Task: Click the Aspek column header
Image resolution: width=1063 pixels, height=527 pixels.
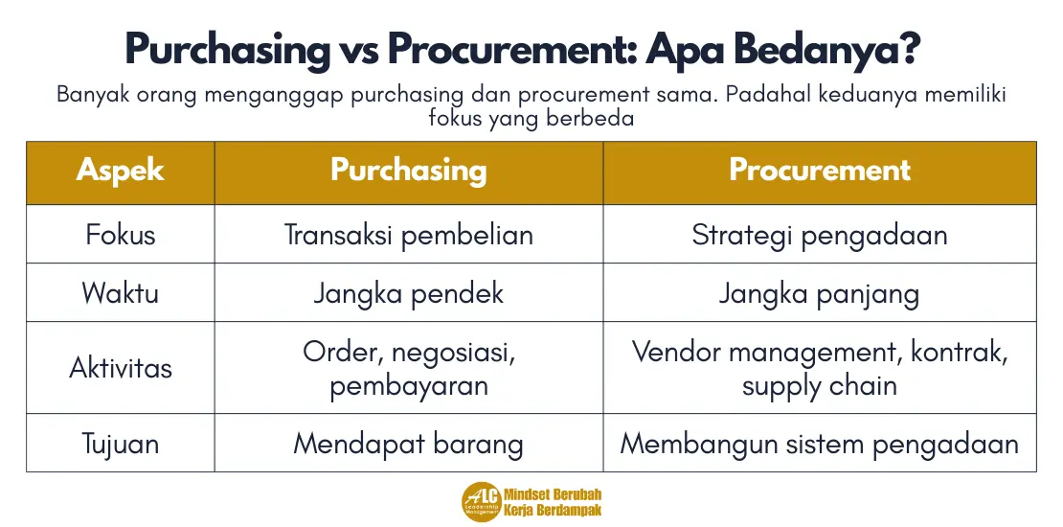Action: [120, 172]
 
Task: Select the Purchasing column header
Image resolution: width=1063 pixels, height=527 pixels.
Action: [409, 172]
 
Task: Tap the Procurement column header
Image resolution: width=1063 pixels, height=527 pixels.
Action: [820, 172]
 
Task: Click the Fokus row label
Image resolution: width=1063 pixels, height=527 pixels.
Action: [120, 235]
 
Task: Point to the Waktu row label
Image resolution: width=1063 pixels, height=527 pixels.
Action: [120, 292]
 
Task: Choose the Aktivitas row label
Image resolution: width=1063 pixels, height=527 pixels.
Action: [120, 368]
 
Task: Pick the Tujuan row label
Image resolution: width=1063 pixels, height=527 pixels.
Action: [120, 444]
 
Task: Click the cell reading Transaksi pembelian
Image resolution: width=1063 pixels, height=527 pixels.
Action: [409, 235]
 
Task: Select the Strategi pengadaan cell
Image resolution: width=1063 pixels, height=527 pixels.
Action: [820, 235]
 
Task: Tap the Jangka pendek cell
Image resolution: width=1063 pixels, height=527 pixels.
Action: [409, 292]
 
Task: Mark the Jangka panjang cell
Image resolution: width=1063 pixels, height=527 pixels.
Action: [820, 292]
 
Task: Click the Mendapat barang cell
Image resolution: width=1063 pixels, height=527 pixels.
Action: [409, 444]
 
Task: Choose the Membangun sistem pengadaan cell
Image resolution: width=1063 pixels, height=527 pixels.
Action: [820, 444]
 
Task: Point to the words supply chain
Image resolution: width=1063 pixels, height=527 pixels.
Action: [820, 386]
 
